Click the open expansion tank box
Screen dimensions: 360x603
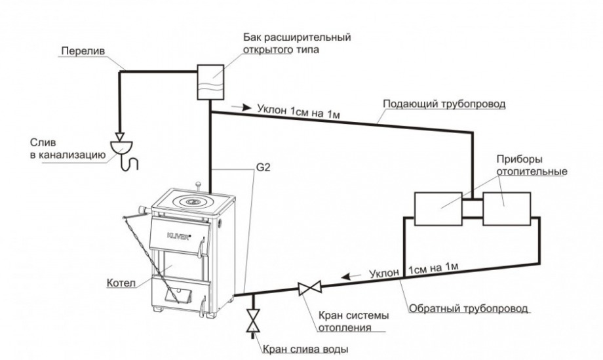tap(211, 82)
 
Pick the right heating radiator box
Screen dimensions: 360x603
tap(507, 209)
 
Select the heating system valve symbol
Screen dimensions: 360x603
tap(309, 287)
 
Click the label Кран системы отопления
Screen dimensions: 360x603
tap(352, 321)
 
